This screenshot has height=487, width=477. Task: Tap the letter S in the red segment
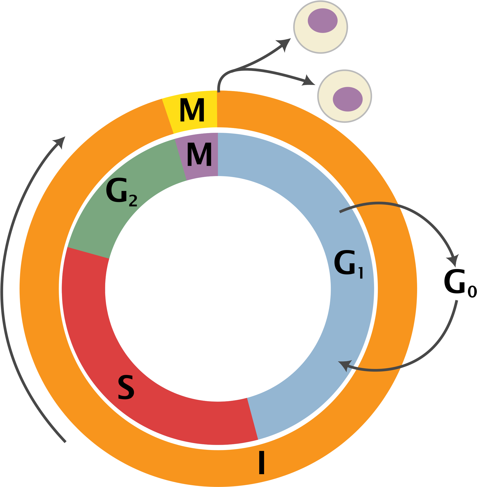[x=126, y=387]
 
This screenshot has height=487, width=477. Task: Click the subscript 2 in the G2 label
[x=133, y=201]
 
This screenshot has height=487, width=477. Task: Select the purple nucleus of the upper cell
[x=322, y=21]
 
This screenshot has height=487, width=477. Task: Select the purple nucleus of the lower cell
[x=347, y=99]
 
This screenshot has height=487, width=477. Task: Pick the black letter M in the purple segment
[x=199, y=154]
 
